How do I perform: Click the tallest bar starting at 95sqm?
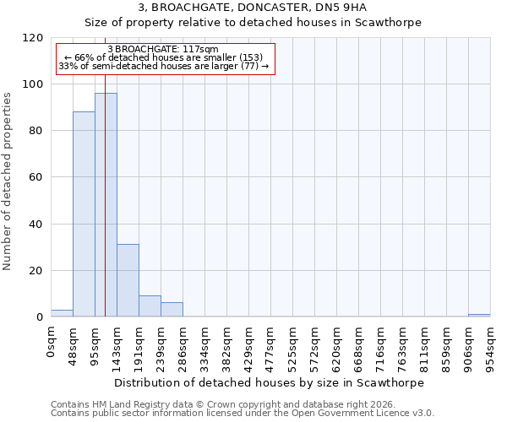click(106, 205)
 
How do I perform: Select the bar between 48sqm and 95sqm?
click(84, 214)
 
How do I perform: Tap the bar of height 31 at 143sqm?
click(128, 280)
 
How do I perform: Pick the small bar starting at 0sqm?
click(62, 313)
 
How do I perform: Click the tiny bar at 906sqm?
click(479, 315)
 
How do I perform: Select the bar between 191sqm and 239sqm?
click(150, 306)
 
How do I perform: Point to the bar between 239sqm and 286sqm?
click(172, 310)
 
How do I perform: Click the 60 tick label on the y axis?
click(36, 177)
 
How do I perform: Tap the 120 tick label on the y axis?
click(33, 38)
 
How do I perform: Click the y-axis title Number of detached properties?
click(8, 177)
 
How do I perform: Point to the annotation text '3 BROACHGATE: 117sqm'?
click(165, 50)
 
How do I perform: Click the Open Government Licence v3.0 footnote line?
click(243, 414)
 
